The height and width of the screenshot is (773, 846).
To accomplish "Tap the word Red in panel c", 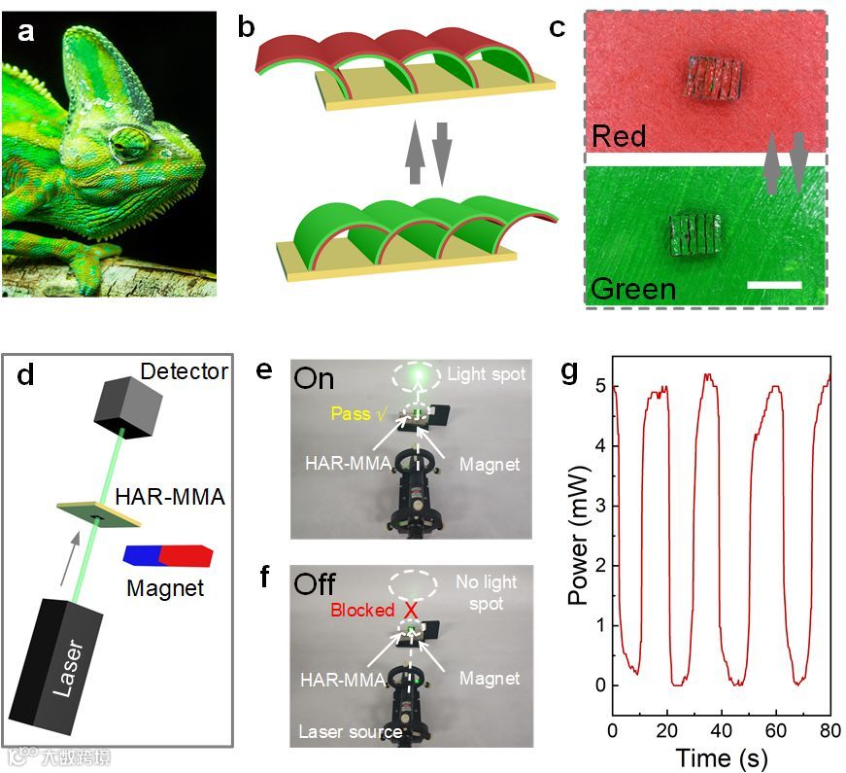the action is click(x=619, y=134).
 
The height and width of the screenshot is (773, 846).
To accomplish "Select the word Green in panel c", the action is click(x=633, y=288).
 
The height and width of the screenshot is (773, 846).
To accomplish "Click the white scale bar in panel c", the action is click(x=775, y=285).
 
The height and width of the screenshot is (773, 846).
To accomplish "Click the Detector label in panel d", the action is click(x=185, y=370).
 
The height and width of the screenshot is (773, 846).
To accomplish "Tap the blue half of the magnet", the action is click(x=143, y=555).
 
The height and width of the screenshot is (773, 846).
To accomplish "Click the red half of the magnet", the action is click(x=185, y=555).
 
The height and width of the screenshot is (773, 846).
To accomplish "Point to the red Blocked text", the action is click(x=363, y=610).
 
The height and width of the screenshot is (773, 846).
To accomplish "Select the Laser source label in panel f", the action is click(x=349, y=730).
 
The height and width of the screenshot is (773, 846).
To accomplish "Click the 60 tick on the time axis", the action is click(x=775, y=730).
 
